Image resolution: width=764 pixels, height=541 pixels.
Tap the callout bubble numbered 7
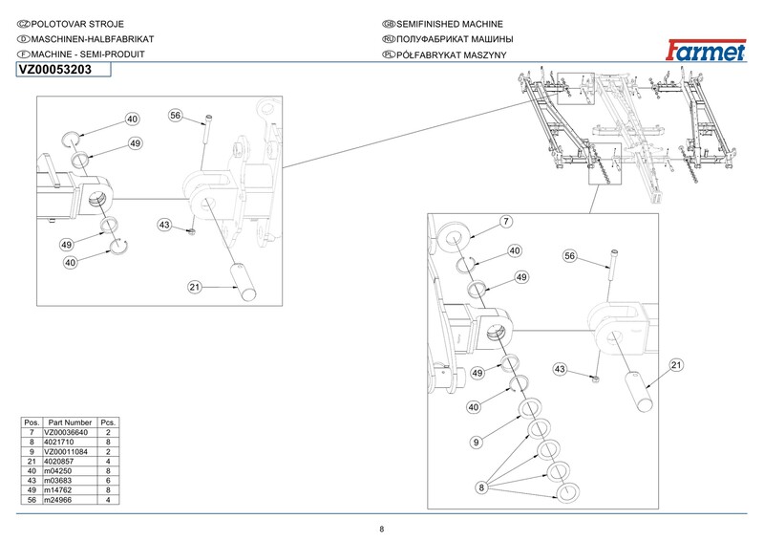(506, 222)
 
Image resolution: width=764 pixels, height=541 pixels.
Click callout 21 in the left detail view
(194, 286)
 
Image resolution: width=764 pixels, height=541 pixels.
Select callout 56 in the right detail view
(570, 256)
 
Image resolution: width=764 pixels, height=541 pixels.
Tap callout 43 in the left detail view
(164, 225)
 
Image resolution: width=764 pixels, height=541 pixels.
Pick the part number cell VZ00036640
(69, 432)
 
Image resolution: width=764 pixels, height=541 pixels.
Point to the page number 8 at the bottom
(382, 530)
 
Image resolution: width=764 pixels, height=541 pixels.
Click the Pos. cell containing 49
(32, 490)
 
